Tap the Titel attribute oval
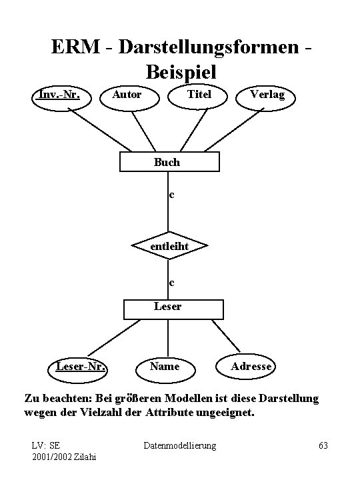pyautogui.click(x=199, y=95)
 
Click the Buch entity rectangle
pyautogui.click(x=167, y=162)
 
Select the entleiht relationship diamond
pyautogui.click(x=169, y=247)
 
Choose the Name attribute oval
pyautogui.click(x=165, y=366)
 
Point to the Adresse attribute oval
pyautogui.click(x=251, y=366)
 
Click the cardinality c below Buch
pyautogui.click(x=171, y=195)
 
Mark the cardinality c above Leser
pyautogui.click(x=171, y=283)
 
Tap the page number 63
pyautogui.click(x=323, y=445)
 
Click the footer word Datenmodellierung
pyautogui.click(x=180, y=445)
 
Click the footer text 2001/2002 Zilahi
pyautogui.click(x=64, y=456)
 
